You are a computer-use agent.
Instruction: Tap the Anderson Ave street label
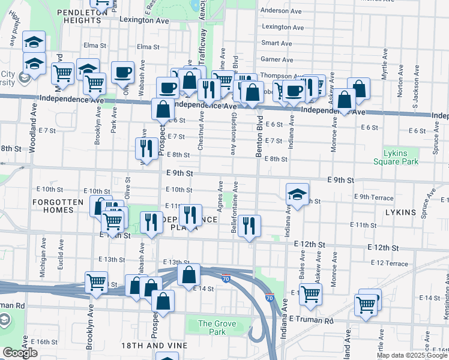281,10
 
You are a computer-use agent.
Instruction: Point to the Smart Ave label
277,43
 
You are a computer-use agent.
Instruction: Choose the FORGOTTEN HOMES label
58,206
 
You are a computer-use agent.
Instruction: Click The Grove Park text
218,328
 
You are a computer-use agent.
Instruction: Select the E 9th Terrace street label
373,197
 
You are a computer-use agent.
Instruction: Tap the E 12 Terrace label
389,263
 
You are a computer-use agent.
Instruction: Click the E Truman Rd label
310,320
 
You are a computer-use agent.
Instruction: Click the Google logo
20,353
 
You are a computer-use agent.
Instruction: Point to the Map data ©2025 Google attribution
412,355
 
